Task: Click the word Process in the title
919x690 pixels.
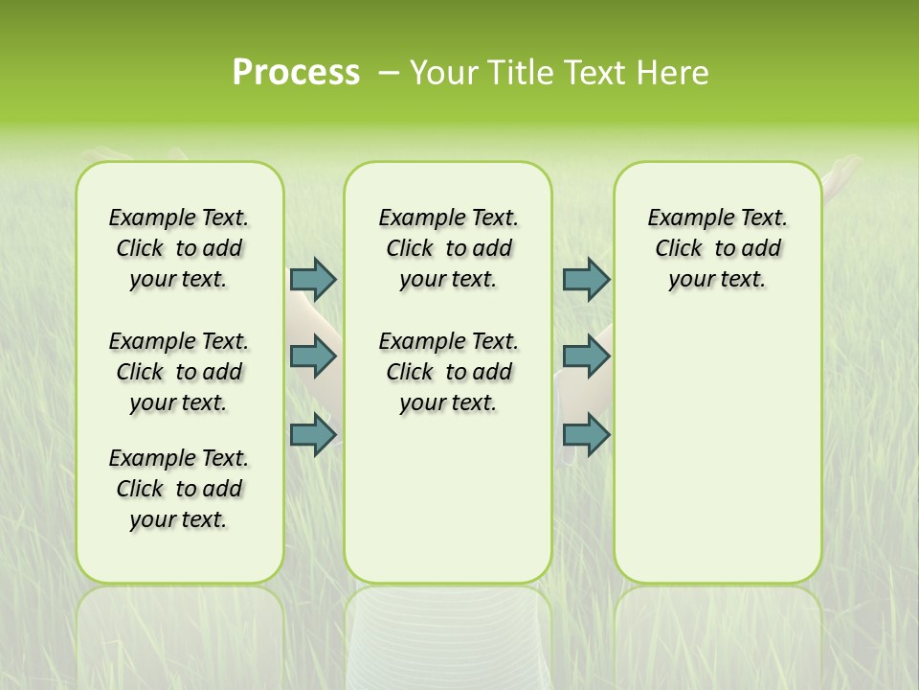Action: coord(296,73)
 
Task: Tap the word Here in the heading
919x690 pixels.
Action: coord(674,73)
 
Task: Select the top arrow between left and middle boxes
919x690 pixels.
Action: coord(313,279)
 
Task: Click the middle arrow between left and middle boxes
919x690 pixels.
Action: coord(313,356)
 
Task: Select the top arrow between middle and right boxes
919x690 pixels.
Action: coord(586,279)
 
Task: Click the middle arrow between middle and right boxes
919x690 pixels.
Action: coord(586,356)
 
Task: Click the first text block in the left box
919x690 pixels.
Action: coord(179,248)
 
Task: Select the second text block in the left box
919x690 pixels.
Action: coord(179,372)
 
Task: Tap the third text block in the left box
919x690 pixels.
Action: coord(179,489)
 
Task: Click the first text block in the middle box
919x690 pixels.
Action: coord(448,248)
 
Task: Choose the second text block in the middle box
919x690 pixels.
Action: coord(448,372)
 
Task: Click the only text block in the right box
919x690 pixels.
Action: coord(717,248)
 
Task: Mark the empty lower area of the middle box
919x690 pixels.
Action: coord(448,498)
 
